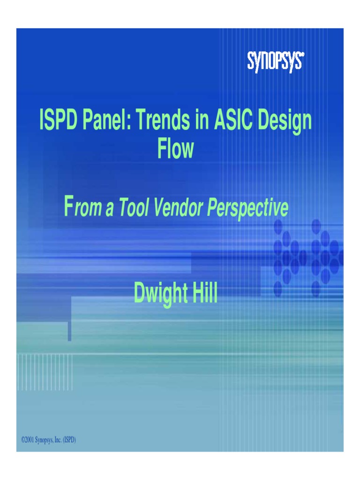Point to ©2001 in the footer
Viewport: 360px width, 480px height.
[x=28, y=440]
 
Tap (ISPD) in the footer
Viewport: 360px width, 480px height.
[x=69, y=440]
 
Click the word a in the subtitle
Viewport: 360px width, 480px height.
[x=110, y=209]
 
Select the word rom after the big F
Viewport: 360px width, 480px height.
[x=89, y=209]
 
